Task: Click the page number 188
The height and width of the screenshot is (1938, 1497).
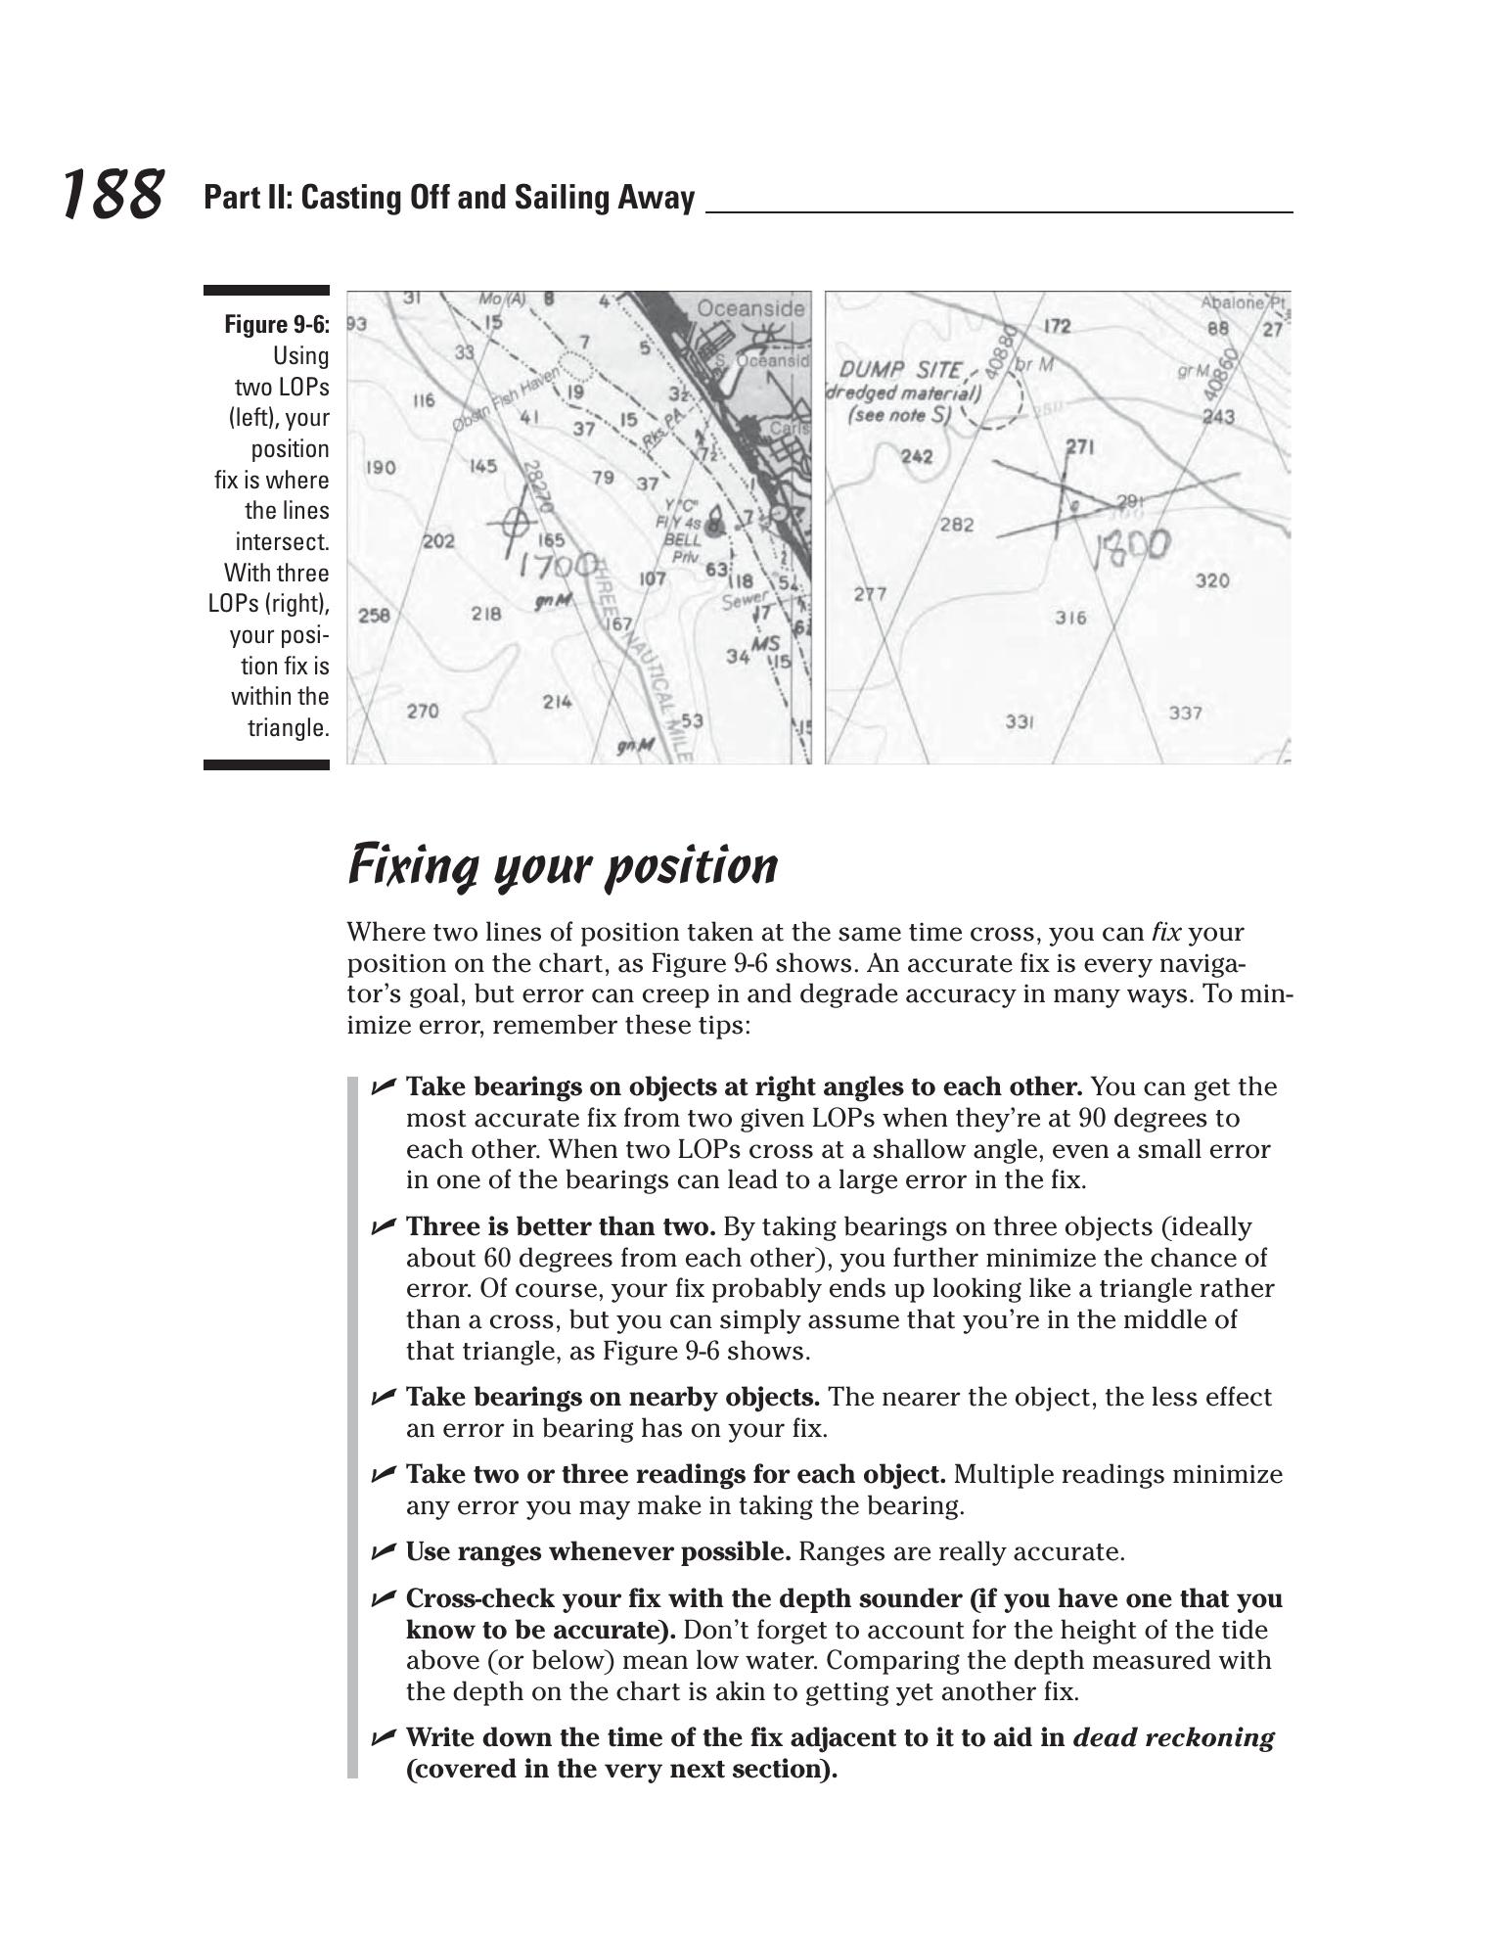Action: (x=112, y=194)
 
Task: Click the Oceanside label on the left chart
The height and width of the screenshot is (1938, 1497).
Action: (x=749, y=309)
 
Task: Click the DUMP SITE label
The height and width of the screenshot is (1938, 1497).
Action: (x=899, y=371)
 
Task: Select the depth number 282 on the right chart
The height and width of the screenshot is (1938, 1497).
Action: (x=956, y=525)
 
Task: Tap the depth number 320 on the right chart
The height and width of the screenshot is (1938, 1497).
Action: (x=1211, y=580)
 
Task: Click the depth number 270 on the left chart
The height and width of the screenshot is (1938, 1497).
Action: (x=422, y=711)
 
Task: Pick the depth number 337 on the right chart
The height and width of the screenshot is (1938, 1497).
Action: (x=1185, y=713)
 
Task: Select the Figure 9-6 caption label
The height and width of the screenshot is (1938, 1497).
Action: (x=277, y=324)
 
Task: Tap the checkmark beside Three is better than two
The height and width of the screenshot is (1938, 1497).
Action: (x=383, y=1225)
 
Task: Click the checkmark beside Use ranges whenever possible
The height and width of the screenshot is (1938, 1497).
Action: (x=383, y=1551)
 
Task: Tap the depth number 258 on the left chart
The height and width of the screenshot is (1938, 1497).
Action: (x=373, y=616)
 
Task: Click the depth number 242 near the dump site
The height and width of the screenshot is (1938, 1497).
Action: (x=916, y=456)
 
